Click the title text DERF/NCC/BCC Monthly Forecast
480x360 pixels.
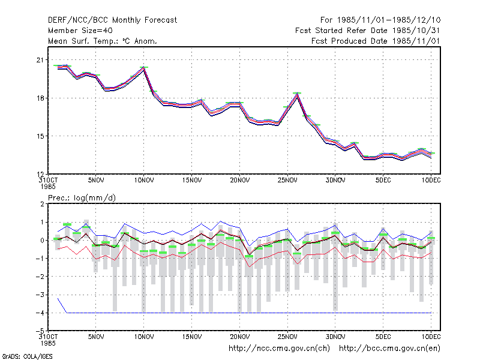[112, 20]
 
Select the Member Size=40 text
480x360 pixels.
[80, 31]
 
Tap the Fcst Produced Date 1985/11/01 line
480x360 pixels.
[376, 41]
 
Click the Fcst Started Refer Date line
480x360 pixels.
[368, 31]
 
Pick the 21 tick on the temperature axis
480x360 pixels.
[40, 60]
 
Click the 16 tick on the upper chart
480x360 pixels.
[40, 98]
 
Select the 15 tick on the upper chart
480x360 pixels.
[40, 136]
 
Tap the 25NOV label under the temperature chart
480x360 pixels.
[287, 181]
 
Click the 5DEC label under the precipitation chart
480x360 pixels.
[383, 337]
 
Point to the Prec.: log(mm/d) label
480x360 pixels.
[82, 198]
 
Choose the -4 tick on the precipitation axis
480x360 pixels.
[40, 313]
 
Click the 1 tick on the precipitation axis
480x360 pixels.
[42, 222]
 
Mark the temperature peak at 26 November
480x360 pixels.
[297, 94]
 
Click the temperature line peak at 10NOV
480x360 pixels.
[143, 68]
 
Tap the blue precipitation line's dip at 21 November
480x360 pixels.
[249, 246]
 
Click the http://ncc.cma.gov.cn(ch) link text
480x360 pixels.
[279, 349]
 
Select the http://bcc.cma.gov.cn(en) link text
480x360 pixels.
[389, 349]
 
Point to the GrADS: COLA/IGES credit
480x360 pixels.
[27, 356]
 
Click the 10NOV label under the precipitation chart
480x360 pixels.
[144, 337]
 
